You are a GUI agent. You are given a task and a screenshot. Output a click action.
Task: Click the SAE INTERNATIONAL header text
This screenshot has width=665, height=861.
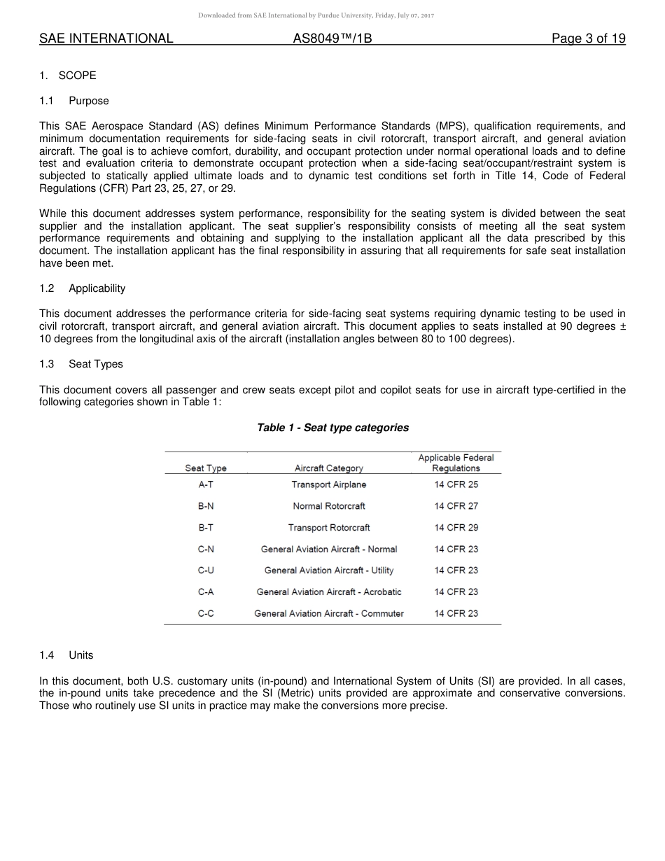pyautogui.click(x=106, y=38)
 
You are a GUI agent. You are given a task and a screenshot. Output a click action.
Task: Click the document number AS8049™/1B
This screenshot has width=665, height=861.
pyautogui.click(x=332, y=38)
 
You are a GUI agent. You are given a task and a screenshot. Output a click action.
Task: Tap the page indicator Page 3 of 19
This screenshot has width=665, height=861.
pyautogui.click(x=588, y=38)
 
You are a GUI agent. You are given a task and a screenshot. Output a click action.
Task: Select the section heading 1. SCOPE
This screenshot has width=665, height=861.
pyautogui.click(x=68, y=76)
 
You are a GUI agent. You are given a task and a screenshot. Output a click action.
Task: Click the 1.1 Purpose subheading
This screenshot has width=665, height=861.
pyautogui.click(x=74, y=101)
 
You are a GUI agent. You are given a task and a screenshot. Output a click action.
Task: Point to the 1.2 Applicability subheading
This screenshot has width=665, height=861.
pyautogui.click(x=82, y=288)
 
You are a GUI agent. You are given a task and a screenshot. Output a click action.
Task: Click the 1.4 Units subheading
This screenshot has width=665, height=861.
pyautogui.click(x=66, y=655)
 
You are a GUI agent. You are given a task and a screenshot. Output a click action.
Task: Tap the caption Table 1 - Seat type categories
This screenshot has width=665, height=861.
pyautogui.click(x=332, y=428)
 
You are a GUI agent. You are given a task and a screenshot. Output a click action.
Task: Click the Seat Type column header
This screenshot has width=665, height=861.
pyautogui.click(x=206, y=468)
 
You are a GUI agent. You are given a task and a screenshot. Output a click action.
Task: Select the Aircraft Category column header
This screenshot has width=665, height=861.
pyautogui.click(x=329, y=468)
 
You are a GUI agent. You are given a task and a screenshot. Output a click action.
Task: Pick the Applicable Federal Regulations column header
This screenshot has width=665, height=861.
pyautogui.click(x=456, y=463)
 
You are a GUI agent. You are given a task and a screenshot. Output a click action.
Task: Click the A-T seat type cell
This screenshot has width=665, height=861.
pyautogui.click(x=206, y=484)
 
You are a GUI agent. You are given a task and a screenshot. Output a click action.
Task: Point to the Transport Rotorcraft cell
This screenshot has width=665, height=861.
pyautogui.click(x=329, y=528)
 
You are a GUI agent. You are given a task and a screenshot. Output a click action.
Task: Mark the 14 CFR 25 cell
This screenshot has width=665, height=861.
pyautogui.click(x=456, y=484)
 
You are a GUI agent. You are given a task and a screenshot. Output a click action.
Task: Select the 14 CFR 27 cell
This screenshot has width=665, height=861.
pyautogui.click(x=456, y=506)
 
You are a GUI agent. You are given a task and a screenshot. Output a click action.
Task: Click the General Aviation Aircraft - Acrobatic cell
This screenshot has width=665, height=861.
pyautogui.click(x=329, y=592)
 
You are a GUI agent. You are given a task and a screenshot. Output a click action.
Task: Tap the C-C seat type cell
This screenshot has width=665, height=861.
pyautogui.click(x=206, y=613)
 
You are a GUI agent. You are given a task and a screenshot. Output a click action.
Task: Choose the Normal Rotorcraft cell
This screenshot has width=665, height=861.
pyautogui.click(x=329, y=506)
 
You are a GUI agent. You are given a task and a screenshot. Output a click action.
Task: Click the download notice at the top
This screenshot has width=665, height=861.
pyautogui.click(x=316, y=15)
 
